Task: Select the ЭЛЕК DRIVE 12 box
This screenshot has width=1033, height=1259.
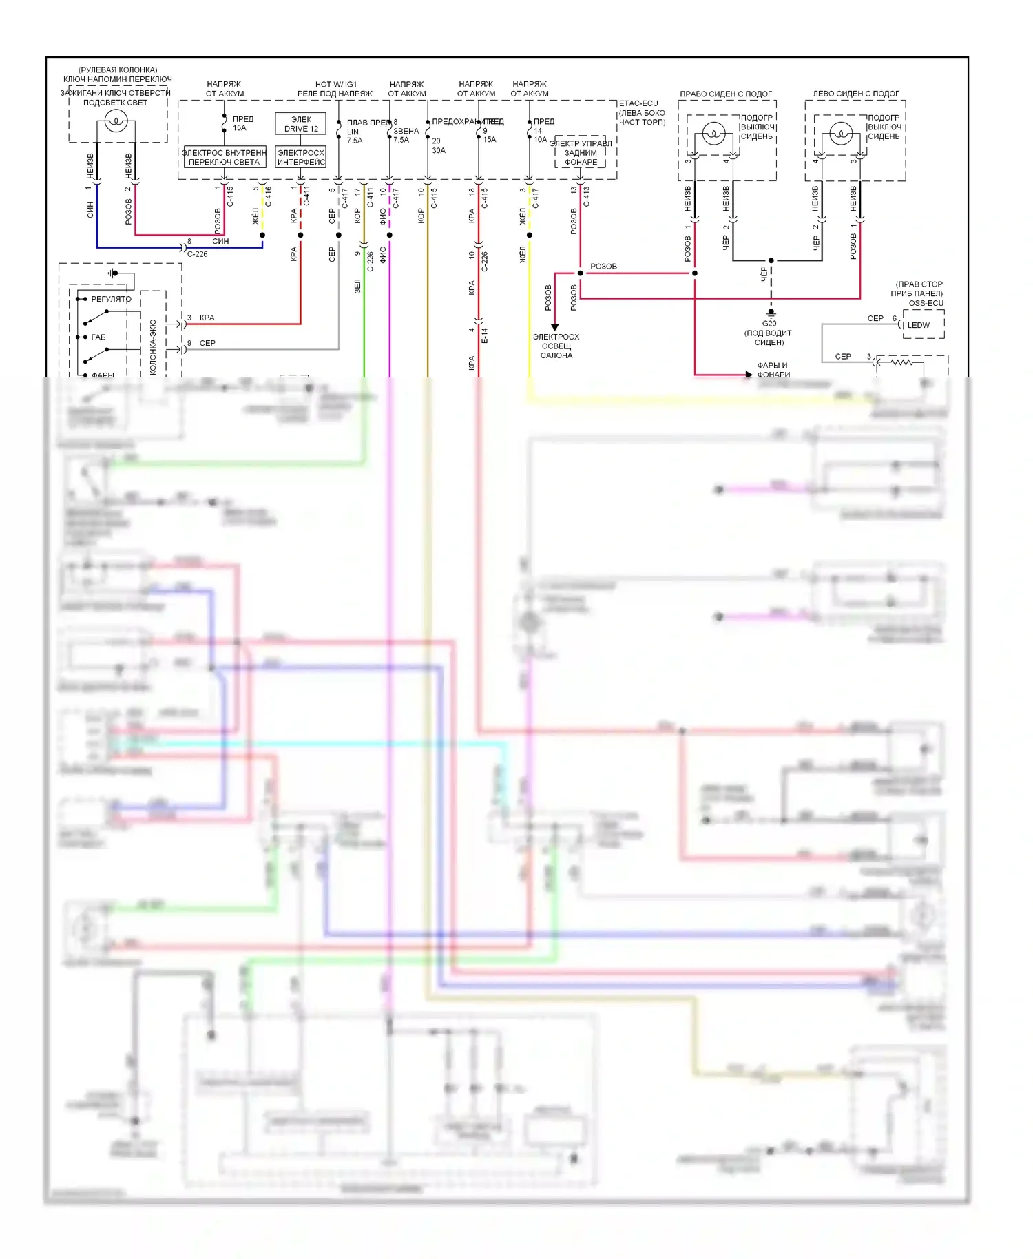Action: click(x=301, y=124)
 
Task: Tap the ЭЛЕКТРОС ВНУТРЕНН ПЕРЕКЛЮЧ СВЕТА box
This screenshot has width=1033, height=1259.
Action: click(x=224, y=157)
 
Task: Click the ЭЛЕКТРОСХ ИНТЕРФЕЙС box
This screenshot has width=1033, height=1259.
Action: click(x=301, y=157)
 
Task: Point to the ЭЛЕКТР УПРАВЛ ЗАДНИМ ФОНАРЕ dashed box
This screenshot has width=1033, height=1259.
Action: click(x=581, y=153)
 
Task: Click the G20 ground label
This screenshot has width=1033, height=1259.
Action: click(x=769, y=323)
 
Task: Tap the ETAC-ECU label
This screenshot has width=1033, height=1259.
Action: click(x=638, y=103)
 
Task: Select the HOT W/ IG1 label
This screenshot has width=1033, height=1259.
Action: click(x=336, y=84)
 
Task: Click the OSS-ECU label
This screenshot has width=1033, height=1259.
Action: click(x=926, y=303)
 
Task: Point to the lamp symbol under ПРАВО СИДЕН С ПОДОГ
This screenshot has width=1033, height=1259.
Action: click(x=713, y=132)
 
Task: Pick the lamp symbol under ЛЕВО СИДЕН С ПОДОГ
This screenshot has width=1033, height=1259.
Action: click(x=841, y=132)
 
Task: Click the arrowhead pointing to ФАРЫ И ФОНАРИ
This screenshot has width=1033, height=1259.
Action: click(x=749, y=375)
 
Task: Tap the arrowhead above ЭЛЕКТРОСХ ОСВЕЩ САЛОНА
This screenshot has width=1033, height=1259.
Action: click(x=555, y=327)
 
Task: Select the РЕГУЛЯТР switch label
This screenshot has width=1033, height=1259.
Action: click(x=111, y=299)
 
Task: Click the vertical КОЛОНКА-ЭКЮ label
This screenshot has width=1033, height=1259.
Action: click(x=153, y=347)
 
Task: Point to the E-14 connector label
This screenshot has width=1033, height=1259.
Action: click(x=484, y=336)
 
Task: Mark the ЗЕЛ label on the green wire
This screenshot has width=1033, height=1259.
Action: click(x=357, y=286)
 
